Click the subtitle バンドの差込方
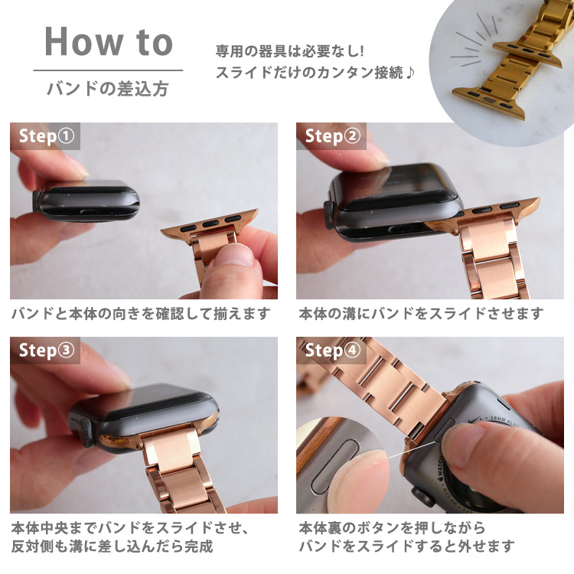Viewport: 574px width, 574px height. (108, 88)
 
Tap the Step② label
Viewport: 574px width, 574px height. (332, 136)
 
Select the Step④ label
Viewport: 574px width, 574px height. (332, 351)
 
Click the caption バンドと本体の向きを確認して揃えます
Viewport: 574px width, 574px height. (141, 314)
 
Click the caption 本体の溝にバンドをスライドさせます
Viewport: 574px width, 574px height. (421, 314)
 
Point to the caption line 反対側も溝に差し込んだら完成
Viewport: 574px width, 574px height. (112, 546)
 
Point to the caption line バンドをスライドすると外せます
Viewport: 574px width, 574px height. (406, 546)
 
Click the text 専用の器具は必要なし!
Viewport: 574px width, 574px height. (291, 53)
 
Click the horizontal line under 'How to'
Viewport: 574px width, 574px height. (108, 70)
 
